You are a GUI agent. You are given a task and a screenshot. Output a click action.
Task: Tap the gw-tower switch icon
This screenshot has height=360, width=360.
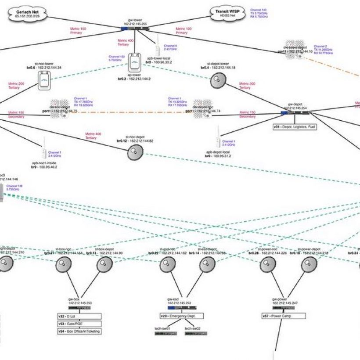click(136, 29)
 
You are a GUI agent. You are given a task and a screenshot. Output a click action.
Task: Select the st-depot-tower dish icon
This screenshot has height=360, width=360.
click(218, 80)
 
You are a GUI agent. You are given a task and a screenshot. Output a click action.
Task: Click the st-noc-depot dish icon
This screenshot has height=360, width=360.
click(136, 152)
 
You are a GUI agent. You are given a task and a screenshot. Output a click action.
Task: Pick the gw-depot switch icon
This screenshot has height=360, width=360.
click(295, 113)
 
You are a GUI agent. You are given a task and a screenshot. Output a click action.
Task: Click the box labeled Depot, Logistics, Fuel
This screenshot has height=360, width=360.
click(294, 127)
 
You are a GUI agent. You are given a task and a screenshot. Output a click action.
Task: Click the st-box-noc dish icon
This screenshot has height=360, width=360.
click(64, 265)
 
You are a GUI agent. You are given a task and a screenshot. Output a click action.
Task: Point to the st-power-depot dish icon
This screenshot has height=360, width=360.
click(309, 265)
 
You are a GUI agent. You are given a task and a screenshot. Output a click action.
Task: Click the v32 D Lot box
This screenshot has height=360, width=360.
click(79, 316)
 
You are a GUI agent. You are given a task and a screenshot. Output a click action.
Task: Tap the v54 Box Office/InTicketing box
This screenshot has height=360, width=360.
click(79, 331)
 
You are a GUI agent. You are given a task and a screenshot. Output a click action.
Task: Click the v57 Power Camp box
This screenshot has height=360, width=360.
click(283, 316)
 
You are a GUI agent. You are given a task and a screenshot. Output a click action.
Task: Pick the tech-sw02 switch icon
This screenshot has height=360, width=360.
click(196, 334)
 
